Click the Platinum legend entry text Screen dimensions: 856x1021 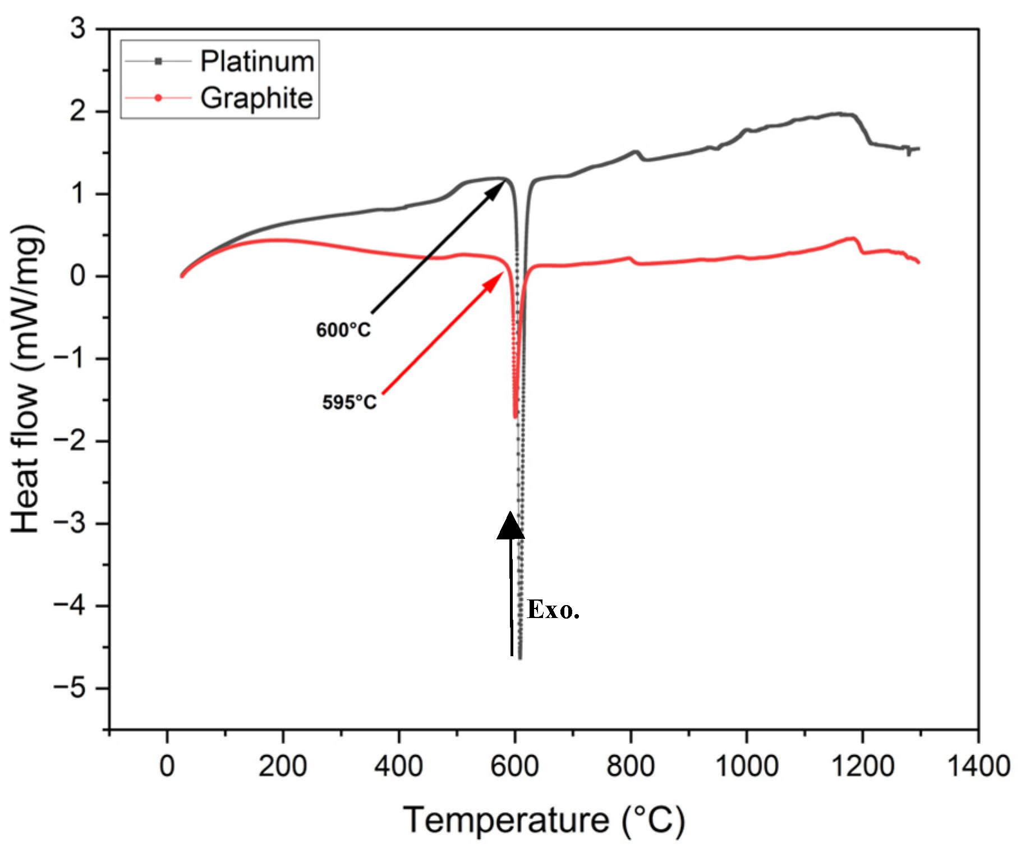point(257,61)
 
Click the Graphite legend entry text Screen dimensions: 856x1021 point(256,98)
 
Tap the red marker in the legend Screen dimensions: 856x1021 point(158,98)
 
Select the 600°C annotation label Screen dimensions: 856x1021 point(343,330)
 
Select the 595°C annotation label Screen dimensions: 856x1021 point(349,402)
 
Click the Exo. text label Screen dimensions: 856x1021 point(553,610)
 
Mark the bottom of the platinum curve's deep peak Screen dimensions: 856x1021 point(520,657)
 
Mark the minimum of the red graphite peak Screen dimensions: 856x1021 point(515,416)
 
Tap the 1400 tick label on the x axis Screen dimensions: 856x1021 point(978,766)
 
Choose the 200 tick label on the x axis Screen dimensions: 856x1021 point(283,766)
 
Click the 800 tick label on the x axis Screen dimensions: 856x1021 point(631,766)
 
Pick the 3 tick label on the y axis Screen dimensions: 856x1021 point(78,29)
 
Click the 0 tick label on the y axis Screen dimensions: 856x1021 point(78,276)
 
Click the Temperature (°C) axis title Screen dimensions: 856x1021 point(544,821)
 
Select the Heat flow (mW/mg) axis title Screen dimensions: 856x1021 point(26,379)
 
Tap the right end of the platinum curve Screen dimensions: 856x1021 point(918,149)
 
